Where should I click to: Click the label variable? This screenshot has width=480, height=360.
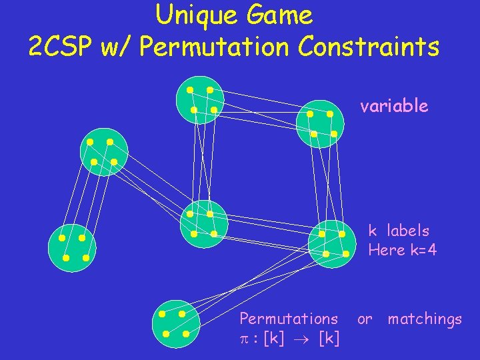click(394, 106)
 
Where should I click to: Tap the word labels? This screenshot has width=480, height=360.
click(407, 231)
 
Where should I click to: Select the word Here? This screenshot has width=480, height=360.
click(387, 250)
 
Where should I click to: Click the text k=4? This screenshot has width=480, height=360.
click(423, 250)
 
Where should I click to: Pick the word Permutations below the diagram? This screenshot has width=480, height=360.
click(289, 319)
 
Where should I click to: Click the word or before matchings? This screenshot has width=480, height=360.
click(365, 319)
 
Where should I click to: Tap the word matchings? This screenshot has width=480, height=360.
click(425, 319)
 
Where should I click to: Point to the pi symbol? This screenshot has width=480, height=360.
click(244, 339)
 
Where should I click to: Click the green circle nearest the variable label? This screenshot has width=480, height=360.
click(321, 123)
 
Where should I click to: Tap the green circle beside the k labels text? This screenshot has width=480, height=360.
click(333, 243)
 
